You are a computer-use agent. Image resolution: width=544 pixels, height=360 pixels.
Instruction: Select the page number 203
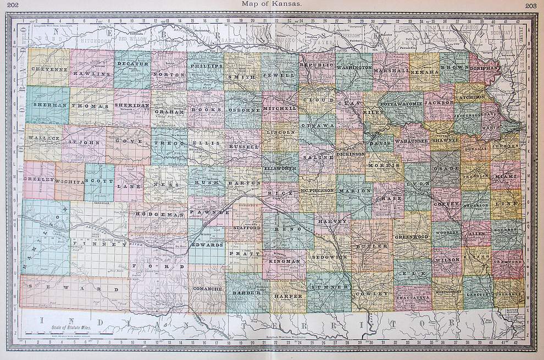pos(531,5)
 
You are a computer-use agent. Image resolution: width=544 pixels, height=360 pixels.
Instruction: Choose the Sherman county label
pos(49,104)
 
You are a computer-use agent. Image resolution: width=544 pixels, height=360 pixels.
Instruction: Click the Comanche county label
pos(207,288)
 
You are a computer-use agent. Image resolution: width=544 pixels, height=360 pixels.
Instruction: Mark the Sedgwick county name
pos(328,257)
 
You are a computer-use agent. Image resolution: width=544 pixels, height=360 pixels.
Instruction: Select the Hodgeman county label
pos(159,214)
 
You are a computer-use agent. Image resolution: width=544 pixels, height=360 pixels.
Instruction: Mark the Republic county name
pos(317,65)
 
